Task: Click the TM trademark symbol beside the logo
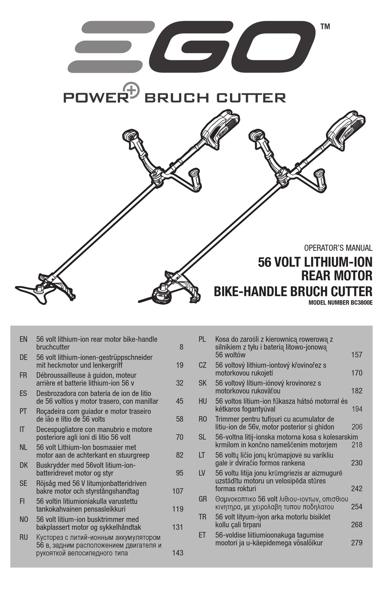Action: (325, 27)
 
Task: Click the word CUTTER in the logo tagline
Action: (251, 97)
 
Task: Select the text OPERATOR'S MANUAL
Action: (338, 248)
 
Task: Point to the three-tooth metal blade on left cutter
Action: (36, 292)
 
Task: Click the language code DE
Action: (23, 357)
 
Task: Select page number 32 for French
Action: (179, 383)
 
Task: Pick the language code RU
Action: (23, 537)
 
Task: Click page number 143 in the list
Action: (177, 553)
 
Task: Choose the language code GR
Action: (202, 499)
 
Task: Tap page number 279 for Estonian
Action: (356, 543)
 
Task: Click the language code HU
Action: (202, 401)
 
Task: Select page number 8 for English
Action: (181, 347)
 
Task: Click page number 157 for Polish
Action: (356, 355)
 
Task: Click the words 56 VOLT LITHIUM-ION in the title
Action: (315, 262)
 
